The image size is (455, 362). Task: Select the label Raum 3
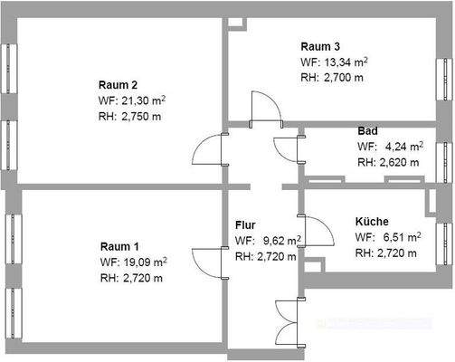321,46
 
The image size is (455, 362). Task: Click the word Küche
373,221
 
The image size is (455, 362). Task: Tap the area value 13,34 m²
346,62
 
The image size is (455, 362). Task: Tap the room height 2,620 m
402,163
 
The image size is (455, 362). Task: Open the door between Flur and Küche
318,232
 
